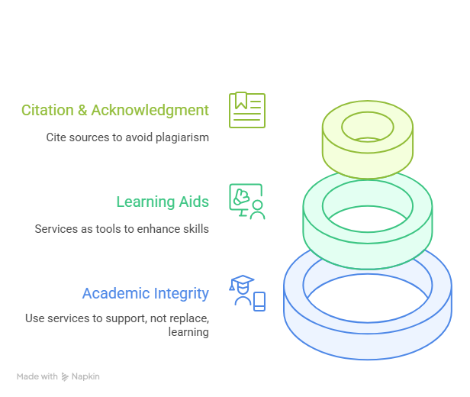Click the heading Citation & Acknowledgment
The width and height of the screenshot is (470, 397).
pyautogui.click(x=115, y=111)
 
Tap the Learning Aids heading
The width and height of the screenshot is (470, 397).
pyautogui.click(x=163, y=202)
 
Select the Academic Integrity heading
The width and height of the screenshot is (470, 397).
pyautogui.click(x=146, y=294)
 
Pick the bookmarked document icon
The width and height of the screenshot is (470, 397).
pyautogui.click(x=247, y=110)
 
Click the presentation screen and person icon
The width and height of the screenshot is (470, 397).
pyautogui.click(x=247, y=202)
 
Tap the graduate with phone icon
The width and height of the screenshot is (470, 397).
pyautogui.click(x=247, y=293)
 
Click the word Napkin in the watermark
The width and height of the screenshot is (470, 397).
pyautogui.click(x=85, y=376)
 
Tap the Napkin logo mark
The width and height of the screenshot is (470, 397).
pyautogui.click(x=65, y=376)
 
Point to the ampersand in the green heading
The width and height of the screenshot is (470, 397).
pyautogui.click(x=82, y=111)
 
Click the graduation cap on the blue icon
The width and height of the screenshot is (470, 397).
pyautogui.click(x=242, y=281)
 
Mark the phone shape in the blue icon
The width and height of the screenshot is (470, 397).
pyautogui.click(x=259, y=302)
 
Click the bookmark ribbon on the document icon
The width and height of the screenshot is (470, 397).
pyautogui.click(x=241, y=101)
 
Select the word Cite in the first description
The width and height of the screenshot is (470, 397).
pyautogui.click(x=56, y=137)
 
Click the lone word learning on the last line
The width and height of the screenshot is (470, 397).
pyautogui.click(x=188, y=332)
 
